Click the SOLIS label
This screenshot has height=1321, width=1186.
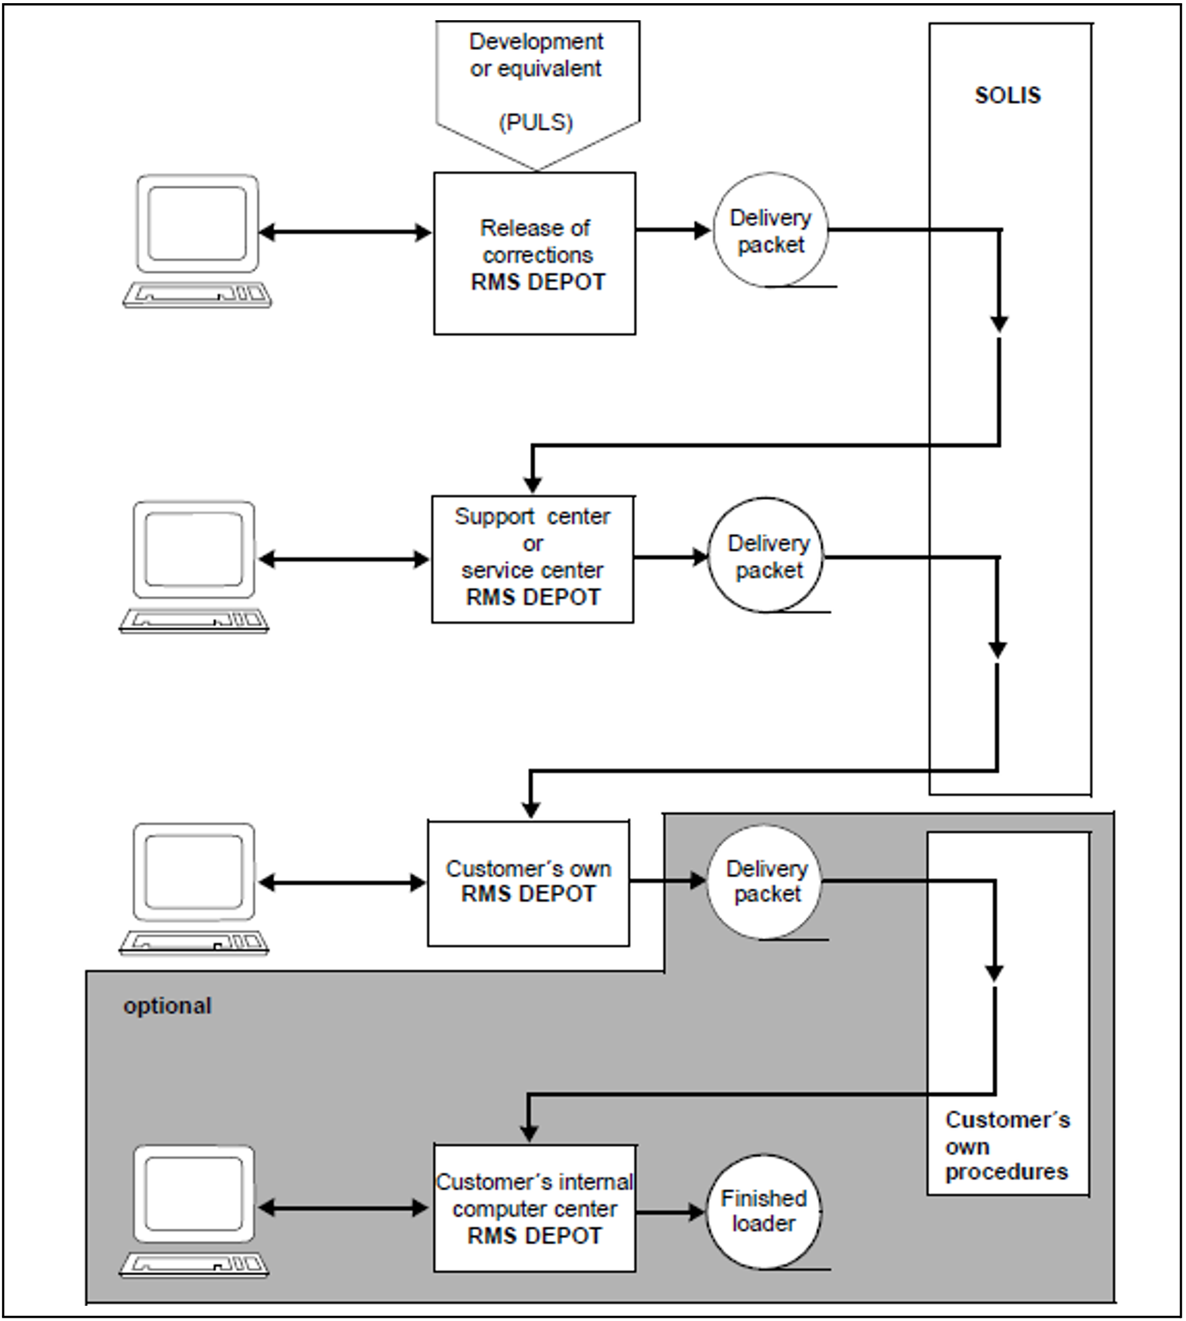click(1007, 96)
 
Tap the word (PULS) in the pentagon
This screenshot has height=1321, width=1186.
click(536, 122)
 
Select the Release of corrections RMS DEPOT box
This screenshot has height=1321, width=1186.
click(535, 253)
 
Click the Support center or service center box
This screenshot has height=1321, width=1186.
click(533, 558)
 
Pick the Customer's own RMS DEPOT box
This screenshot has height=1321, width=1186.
click(529, 882)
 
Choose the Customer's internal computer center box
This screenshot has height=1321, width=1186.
click(535, 1208)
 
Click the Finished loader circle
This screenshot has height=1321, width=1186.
click(763, 1211)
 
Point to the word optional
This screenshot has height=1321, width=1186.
click(167, 1006)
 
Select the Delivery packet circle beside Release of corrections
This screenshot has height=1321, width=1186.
click(770, 230)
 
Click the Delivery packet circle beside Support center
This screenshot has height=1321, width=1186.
click(766, 556)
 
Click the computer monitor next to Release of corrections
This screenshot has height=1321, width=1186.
click(198, 224)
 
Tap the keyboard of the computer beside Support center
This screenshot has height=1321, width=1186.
click(194, 620)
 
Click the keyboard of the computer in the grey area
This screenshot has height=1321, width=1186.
click(194, 1265)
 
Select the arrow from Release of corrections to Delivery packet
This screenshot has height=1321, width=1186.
click(673, 230)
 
